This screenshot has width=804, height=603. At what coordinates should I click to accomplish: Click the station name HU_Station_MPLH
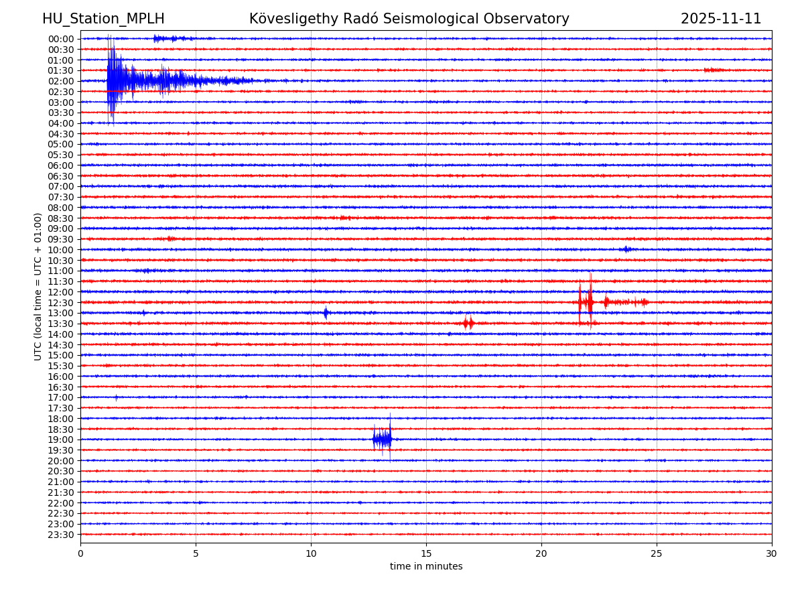[x=103, y=19]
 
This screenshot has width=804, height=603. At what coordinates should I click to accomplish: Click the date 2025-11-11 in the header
[x=721, y=19]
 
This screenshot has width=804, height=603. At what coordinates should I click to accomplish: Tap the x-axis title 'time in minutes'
[x=426, y=567]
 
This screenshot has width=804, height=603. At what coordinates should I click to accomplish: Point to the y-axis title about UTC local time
[x=38, y=286]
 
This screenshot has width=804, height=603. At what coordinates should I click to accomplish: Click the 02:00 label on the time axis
[x=61, y=81]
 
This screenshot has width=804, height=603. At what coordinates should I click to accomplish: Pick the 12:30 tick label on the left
[x=61, y=303]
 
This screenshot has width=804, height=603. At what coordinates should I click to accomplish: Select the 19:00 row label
[x=61, y=440]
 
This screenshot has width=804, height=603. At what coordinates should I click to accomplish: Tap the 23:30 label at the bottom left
[x=61, y=535]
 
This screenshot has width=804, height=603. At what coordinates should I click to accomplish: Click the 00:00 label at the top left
[x=61, y=39]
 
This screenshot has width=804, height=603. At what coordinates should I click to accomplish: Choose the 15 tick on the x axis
[x=426, y=554]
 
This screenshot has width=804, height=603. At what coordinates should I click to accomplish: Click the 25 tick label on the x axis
[x=657, y=554]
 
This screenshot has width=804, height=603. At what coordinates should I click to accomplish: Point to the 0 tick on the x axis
[x=80, y=554]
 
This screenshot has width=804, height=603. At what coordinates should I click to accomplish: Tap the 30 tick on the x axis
[x=772, y=554]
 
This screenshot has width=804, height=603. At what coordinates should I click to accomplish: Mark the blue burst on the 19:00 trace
[x=382, y=440]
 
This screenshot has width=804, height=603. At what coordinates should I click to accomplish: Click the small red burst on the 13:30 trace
[x=468, y=324]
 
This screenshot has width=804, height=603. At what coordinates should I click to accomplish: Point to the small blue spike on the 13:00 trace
[x=326, y=313]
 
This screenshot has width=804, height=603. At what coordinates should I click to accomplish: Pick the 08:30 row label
[x=61, y=218]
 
